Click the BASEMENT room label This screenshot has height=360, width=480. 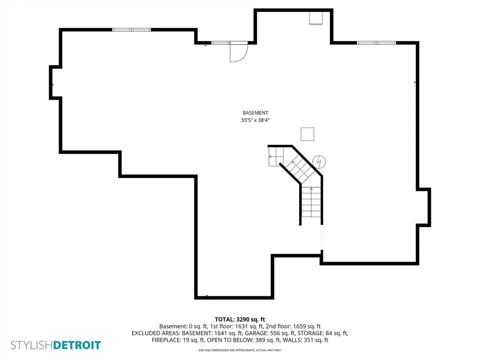click(255, 112)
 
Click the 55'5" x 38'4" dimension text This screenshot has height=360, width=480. click(255, 120)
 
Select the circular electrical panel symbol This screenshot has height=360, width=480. click(319, 162)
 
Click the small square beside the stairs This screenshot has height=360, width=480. click(307, 134)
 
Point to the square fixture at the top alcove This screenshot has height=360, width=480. click(315, 18)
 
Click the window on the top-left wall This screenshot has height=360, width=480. click(131, 30)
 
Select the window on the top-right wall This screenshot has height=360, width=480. click(376, 43)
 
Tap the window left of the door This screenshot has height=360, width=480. click(220, 43)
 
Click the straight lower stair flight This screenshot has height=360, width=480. click(311, 202)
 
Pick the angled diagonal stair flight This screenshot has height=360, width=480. click(301, 168)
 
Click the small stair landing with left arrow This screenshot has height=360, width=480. click(276, 157)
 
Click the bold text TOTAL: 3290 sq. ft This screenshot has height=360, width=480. click(240, 320)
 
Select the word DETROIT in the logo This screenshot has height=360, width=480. click(77, 345)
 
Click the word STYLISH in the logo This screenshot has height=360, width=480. click(32, 345)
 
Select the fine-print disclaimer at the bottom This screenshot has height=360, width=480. click(240, 350)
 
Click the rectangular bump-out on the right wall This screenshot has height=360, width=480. click(425, 207)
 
